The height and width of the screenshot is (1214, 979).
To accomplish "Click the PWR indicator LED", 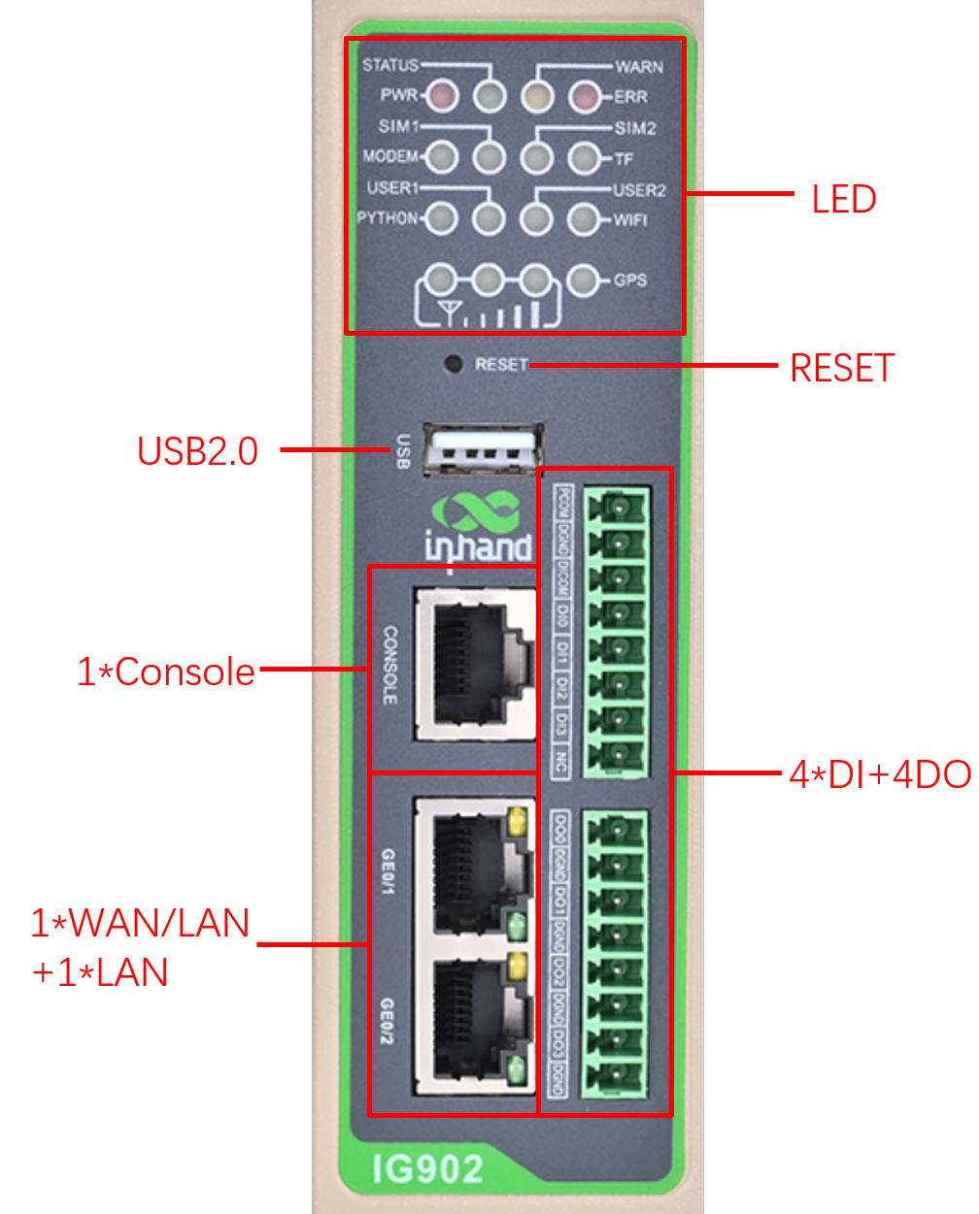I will click(x=442, y=95).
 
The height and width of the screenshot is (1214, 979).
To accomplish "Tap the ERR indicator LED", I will click(x=585, y=96).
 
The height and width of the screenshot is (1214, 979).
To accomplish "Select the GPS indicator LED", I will click(x=583, y=279).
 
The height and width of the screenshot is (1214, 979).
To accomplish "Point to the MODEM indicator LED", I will click(x=442, y=156).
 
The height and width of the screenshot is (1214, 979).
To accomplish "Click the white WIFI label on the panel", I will click(x=630, y=219).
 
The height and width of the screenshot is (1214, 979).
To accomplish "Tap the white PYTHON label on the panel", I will click(x=387, y=217).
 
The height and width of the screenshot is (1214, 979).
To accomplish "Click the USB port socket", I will click(x=483, y=450).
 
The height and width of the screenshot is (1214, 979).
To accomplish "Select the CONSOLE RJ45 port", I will click(x=474, y=664).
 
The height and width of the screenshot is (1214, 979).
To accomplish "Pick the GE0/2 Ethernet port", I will click(x=474, y=1019).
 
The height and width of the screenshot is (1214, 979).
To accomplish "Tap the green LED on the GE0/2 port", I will click(x=517, y=1071).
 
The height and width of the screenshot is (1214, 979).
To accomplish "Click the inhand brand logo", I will click(x=479, y=529).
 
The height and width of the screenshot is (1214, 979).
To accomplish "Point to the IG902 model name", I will click(x=427, y=1168).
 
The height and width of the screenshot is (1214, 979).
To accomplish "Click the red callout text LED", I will click(x=844, y=199).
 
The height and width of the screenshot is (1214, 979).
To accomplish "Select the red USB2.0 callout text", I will click(x=198, y=451).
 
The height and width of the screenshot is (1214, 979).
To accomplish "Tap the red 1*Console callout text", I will click(x=166, y=672).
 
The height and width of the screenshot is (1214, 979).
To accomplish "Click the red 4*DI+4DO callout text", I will click(x=880, y=774).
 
